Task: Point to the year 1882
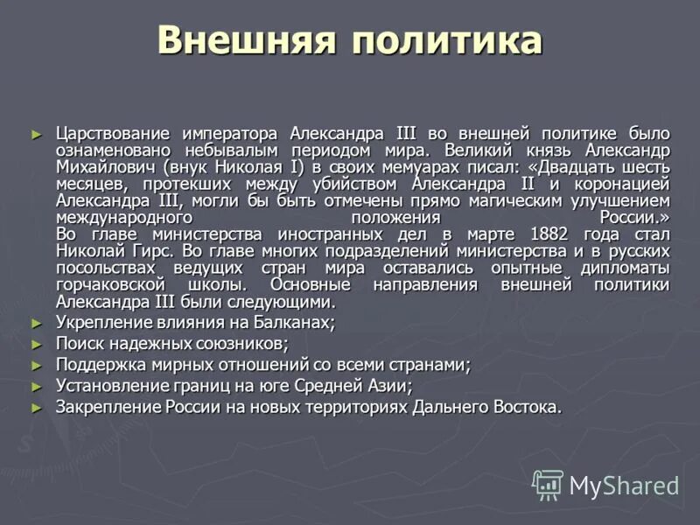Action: (x=554, y=234)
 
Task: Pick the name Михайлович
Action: (x=104, y=167)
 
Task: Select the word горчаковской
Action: (x=111, y=285)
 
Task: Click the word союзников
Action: (x=241, y=344)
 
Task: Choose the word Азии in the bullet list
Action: (x=388, y=386)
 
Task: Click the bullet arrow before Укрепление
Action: (x=36, y=324)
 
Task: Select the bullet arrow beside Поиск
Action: (x=36, y=345)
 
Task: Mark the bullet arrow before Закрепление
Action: (x=36, y=408)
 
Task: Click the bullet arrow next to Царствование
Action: (x=36, y=135)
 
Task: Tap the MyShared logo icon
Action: (x=548, y=484)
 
